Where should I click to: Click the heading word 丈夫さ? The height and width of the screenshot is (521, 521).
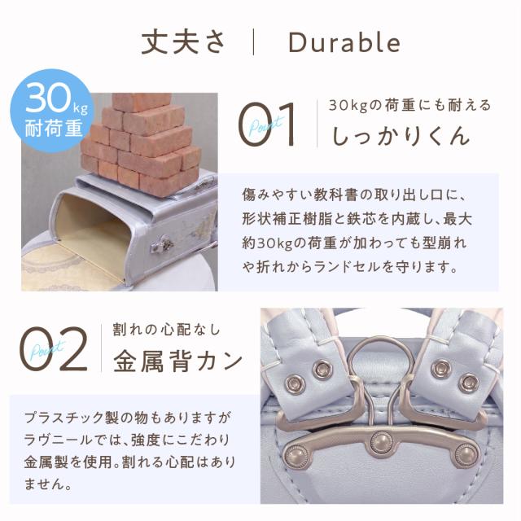pyautogui.click(x=183, y=42)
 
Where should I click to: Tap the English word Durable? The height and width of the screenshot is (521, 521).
pyautogui.click(x=344, y=42)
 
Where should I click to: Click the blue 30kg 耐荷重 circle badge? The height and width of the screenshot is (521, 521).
pyautogui.click(x=53, y=111)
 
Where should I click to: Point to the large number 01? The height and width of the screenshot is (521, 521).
pyautogui.click(x=267, y=125)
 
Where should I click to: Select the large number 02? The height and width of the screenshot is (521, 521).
pyautogui.click(x=55, y=348)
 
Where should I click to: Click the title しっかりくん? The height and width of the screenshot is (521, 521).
pyautogui.click(x=401, y=136)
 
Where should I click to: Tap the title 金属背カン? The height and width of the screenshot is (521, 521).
pyautogui.click(x=177, y=361)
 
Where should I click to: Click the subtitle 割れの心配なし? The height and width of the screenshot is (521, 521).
pyautogui.click(x=166, y=330)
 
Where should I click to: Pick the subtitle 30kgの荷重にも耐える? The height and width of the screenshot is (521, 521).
pyautogui.click(x=409, y=105)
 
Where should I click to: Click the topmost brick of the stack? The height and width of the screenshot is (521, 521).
pyautogui.click(x=142, y=101)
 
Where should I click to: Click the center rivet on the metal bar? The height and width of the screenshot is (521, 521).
pyautogui.click(x=382, y=442)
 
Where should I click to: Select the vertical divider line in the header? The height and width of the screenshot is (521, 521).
pyautogui.click(x=253, y=42)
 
